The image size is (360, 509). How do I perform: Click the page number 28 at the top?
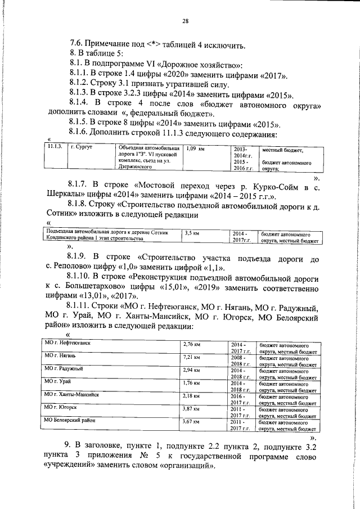[x=185, y=21]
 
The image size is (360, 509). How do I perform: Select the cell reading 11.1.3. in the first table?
[x=54, y=147]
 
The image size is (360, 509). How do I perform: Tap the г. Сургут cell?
[x=82, y=147]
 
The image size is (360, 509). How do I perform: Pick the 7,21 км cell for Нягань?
[x=192, y=357]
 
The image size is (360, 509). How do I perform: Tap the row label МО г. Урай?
[x=58, y=381]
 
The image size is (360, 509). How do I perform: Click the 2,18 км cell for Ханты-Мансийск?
[x=192, y=395]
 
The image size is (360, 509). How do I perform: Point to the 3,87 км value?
[x=192, y=408]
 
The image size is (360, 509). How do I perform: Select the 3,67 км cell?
[x=192, y=421]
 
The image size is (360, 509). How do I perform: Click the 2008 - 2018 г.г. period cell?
[x=240, y=360]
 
